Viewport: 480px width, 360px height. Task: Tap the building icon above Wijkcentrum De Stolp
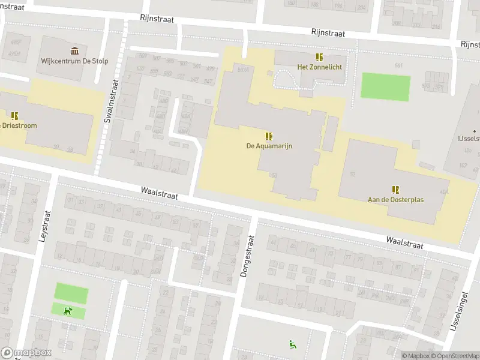pyautogui.click(x=74, y=50)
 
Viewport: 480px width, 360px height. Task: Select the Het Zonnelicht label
pyautogui.click(x=319, y=67)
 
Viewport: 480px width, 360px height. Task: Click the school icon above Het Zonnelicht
pyautogui.click(x=319, y=57)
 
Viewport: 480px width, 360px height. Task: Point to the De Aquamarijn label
pyautogui.click(x=269, y=146)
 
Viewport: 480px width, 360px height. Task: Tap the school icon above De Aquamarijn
pyautogui.click(x=269, y=136)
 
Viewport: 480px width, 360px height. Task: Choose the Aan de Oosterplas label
pyautogui.click(x=395, y=199)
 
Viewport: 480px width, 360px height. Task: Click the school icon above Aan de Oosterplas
pyautogui.click(x=395, y=189)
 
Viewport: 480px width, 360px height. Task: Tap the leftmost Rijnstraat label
pyautogui.click(x=157, y=19)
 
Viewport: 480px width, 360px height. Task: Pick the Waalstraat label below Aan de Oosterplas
pyautogui.click(x=404, y=242)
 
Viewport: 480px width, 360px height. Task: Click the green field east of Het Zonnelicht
pyautogui.click(x=385, y=87)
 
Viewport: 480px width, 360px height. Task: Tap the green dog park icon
pyautogui.click(x=68, y=311)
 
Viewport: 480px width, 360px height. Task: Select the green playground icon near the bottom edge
pyautogui.click(x=292, y=344)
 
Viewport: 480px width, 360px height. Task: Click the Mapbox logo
pyautogui.click(x=26, y=353)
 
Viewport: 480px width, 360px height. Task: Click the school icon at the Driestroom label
pyautogui.click(x=14, y=115)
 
